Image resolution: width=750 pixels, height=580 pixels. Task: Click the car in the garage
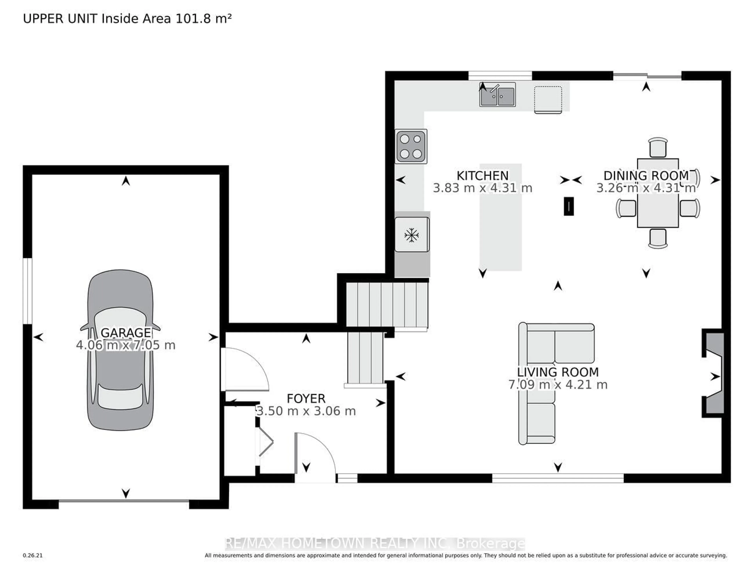tap(120, 350)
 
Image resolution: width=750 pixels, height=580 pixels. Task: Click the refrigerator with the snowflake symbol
tap(412, 235)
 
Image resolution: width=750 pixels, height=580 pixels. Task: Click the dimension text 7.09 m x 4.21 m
tap(558, 385)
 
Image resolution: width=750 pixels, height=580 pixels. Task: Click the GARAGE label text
tap(126, 333)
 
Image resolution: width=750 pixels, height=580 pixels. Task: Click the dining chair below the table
tap(658, 238)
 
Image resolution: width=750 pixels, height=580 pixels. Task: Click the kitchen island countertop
tap(501, 217)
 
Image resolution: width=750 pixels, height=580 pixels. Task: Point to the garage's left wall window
tap(28, 291)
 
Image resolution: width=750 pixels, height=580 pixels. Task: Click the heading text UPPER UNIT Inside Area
tap(97, 19)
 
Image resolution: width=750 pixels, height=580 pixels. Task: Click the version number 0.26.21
tap(33, 555)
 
